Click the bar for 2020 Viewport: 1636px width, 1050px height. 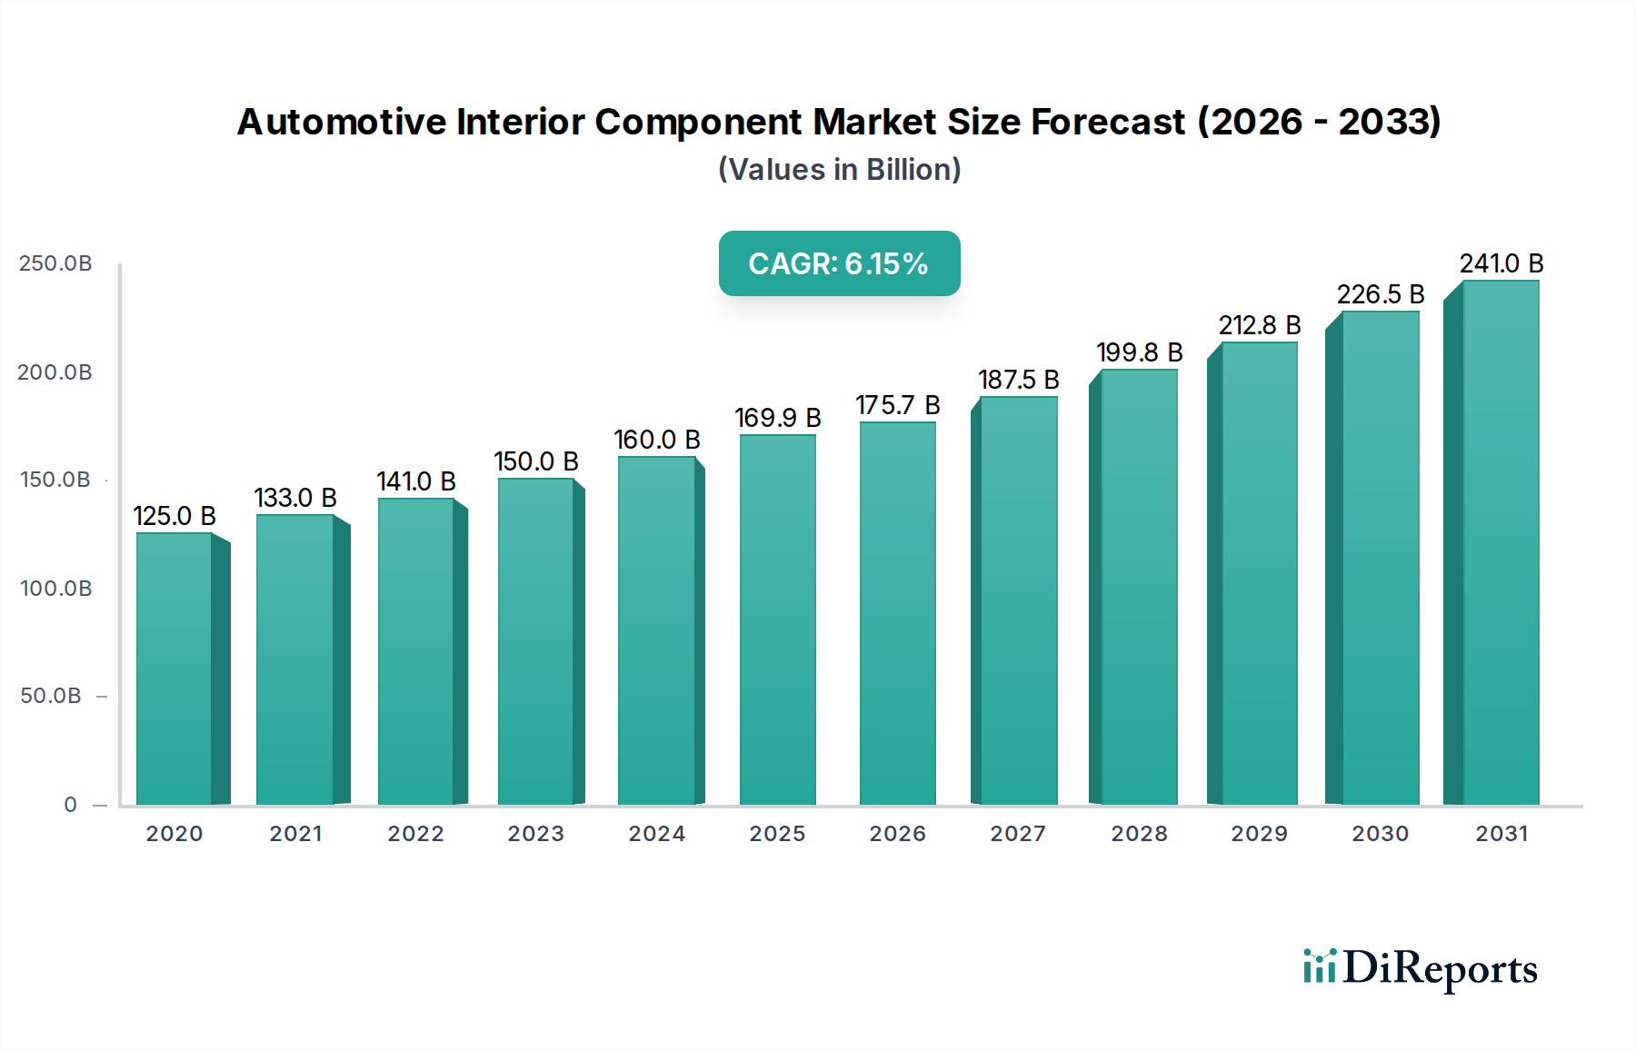coord(175,669)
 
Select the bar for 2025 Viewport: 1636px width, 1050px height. coord(778,619)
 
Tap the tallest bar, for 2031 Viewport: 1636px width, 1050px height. coord(1501,543)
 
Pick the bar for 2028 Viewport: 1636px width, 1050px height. coord(1140,587)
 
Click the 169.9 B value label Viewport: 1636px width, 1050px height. coord(778,418)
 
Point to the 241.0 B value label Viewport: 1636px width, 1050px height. coord(1501,263)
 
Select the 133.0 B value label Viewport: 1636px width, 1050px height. coord(295,498)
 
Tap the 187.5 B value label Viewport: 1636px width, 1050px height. coord(1019,380)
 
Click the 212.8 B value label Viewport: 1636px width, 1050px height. coord(1260,325)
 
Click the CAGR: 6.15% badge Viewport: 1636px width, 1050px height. coord(839,263)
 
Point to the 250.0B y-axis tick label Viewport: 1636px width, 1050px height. coord(55,263)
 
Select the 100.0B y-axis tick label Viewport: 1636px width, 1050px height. coord(55,589)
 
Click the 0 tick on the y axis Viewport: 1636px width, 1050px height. coord(70,805)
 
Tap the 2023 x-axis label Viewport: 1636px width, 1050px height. coord(536,834)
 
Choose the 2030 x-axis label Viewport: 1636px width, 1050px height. coord(1380,834)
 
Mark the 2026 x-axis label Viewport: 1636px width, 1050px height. coord(898,834)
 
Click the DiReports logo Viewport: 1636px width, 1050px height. coord(1420,968)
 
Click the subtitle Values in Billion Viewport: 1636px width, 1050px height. coord(839,170)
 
